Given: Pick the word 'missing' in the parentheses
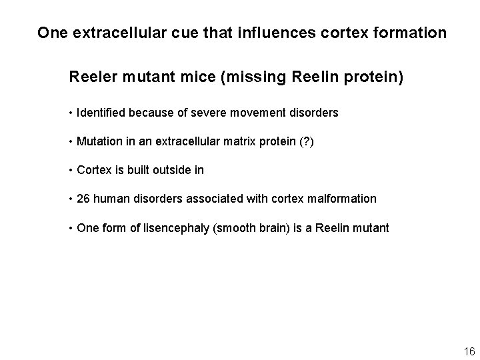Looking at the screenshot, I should tap(260, 77).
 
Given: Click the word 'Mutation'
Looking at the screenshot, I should tap(99, 141).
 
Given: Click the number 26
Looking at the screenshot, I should tap(83, 199).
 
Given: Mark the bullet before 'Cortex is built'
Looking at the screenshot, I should tap(71, 170).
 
